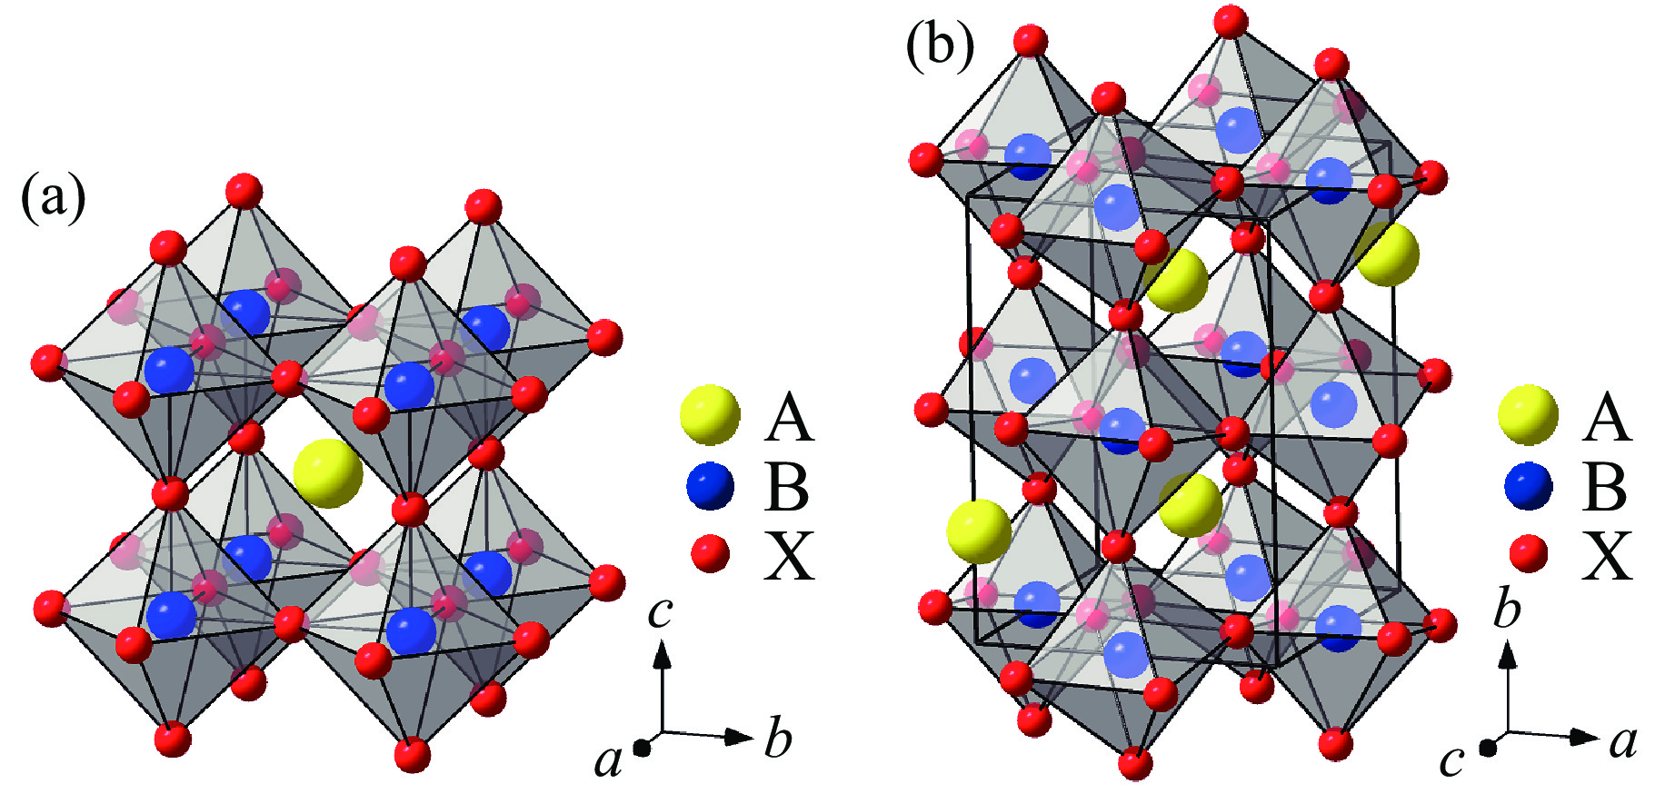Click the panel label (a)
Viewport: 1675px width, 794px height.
pos(54,198)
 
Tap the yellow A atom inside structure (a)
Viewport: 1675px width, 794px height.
pos(328,473)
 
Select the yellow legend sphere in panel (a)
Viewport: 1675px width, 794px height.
pos(711,415)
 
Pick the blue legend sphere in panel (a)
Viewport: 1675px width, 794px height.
pos(711,487)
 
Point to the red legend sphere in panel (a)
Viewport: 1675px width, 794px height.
pos(710,553)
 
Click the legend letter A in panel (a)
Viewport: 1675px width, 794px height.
pos(789,418)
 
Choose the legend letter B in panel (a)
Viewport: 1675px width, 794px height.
pos(787,487)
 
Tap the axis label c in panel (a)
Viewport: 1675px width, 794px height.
pos(660,612)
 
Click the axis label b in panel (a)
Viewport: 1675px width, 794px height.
pos(778,737)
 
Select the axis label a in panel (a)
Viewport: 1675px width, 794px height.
pos(608,759)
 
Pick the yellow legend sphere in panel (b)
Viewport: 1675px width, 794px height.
pos(1529,415)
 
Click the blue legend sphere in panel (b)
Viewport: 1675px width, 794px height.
pos(1529,487)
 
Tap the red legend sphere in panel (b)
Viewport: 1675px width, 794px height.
pos(1528,553)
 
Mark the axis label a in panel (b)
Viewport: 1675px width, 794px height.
pos(1623,742)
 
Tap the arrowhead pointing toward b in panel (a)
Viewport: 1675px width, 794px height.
pos(740,737)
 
